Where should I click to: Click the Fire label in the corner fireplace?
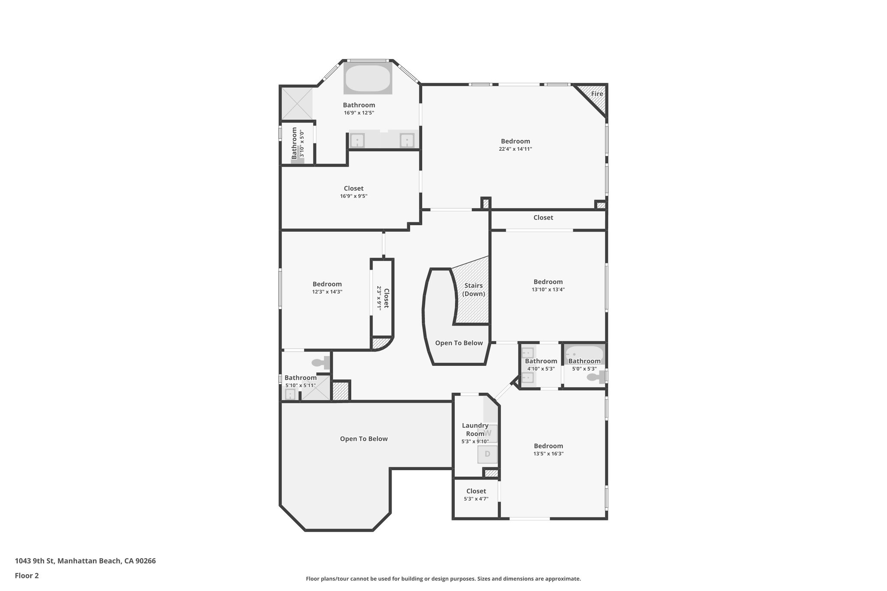point(597,94)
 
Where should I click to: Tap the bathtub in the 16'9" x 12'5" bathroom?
point(368,78)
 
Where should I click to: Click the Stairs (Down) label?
point(473,290)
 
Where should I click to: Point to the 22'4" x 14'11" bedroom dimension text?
point(515,149)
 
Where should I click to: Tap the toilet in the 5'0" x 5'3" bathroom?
point(596,377)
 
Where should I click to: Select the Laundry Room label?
point(475,430)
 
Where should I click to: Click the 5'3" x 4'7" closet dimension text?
point(476,499)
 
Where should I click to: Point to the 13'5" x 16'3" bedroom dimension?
point(548,454)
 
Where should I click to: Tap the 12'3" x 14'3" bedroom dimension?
point(327,292)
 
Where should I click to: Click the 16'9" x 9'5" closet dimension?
point(353,196)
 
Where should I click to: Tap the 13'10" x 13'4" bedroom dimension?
point(548,290)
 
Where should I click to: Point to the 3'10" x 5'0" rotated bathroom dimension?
point(302,143)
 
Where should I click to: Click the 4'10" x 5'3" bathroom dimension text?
point(541,369)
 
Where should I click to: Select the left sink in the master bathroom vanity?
point(357,140)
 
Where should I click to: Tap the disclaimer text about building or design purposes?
point(443,578)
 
